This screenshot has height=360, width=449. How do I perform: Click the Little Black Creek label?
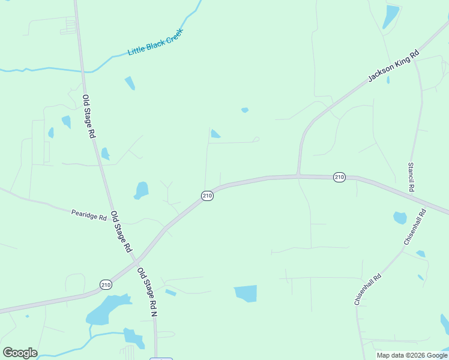(x=155, y=43)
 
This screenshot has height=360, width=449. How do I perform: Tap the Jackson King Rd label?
(x=393, y=65)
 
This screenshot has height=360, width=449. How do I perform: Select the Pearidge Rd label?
(x=89, y=213)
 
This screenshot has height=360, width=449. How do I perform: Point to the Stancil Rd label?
(x=411, y=177)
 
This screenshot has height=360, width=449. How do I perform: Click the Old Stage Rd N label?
(x=147, y=292)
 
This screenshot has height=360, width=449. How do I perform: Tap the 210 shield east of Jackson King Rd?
(x=339, y=177)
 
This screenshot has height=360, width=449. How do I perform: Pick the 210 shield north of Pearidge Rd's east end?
(x=207, y=196)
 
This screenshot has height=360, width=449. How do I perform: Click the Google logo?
(x=20, y=353)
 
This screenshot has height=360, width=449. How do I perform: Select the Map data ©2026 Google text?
(x=412, y=355)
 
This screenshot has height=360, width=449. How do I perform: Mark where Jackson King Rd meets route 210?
(x=298, y=176)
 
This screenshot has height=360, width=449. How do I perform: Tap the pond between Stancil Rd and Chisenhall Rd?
(x=400, y=218)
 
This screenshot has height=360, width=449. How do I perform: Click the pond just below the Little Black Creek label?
(x=130, y=83)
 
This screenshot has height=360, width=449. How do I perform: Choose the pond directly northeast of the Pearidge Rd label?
(x=142, y=190)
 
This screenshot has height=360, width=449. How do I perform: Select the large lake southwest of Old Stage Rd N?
(x=107, y=309)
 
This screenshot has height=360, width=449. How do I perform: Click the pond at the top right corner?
(x=391, y=16)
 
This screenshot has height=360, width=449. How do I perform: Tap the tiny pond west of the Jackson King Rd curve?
(x=244, y=110)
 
